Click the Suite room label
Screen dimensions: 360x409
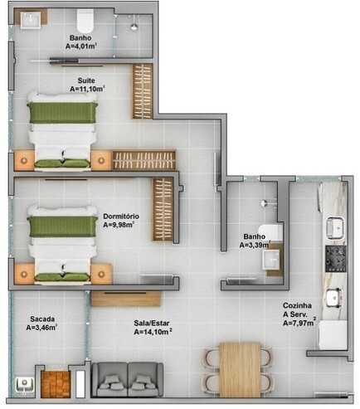[x=86, y=80]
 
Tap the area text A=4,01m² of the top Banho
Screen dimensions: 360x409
[x=81, y=46]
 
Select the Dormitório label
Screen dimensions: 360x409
[x=121, y=216]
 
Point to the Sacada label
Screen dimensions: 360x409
[x=42, y=319]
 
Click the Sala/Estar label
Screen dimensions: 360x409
[x=152, y=323]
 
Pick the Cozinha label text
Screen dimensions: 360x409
[x=297, y=305]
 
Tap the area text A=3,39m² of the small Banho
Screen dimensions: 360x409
[x=255, y=245]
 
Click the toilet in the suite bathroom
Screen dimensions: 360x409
[x=85, y=20]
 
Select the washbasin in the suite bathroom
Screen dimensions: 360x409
[x=31, y=18]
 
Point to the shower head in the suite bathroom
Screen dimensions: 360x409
[x=134, y=27]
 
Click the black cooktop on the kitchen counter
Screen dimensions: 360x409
[x=335, y=259]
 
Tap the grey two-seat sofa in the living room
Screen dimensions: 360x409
[x=127, y=379]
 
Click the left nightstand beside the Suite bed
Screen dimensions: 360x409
[x=24, y=160]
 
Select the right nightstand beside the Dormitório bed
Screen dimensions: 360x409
[x=101, y=273]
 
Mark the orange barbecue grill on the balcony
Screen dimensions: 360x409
[x=55, y=384]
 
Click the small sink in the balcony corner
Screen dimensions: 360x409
[x=25, y=385]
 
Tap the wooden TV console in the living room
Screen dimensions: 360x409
[x=126, y=299]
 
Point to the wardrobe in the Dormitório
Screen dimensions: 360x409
[x=163, y=209]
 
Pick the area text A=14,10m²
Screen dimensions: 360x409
[x=153, y=331]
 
